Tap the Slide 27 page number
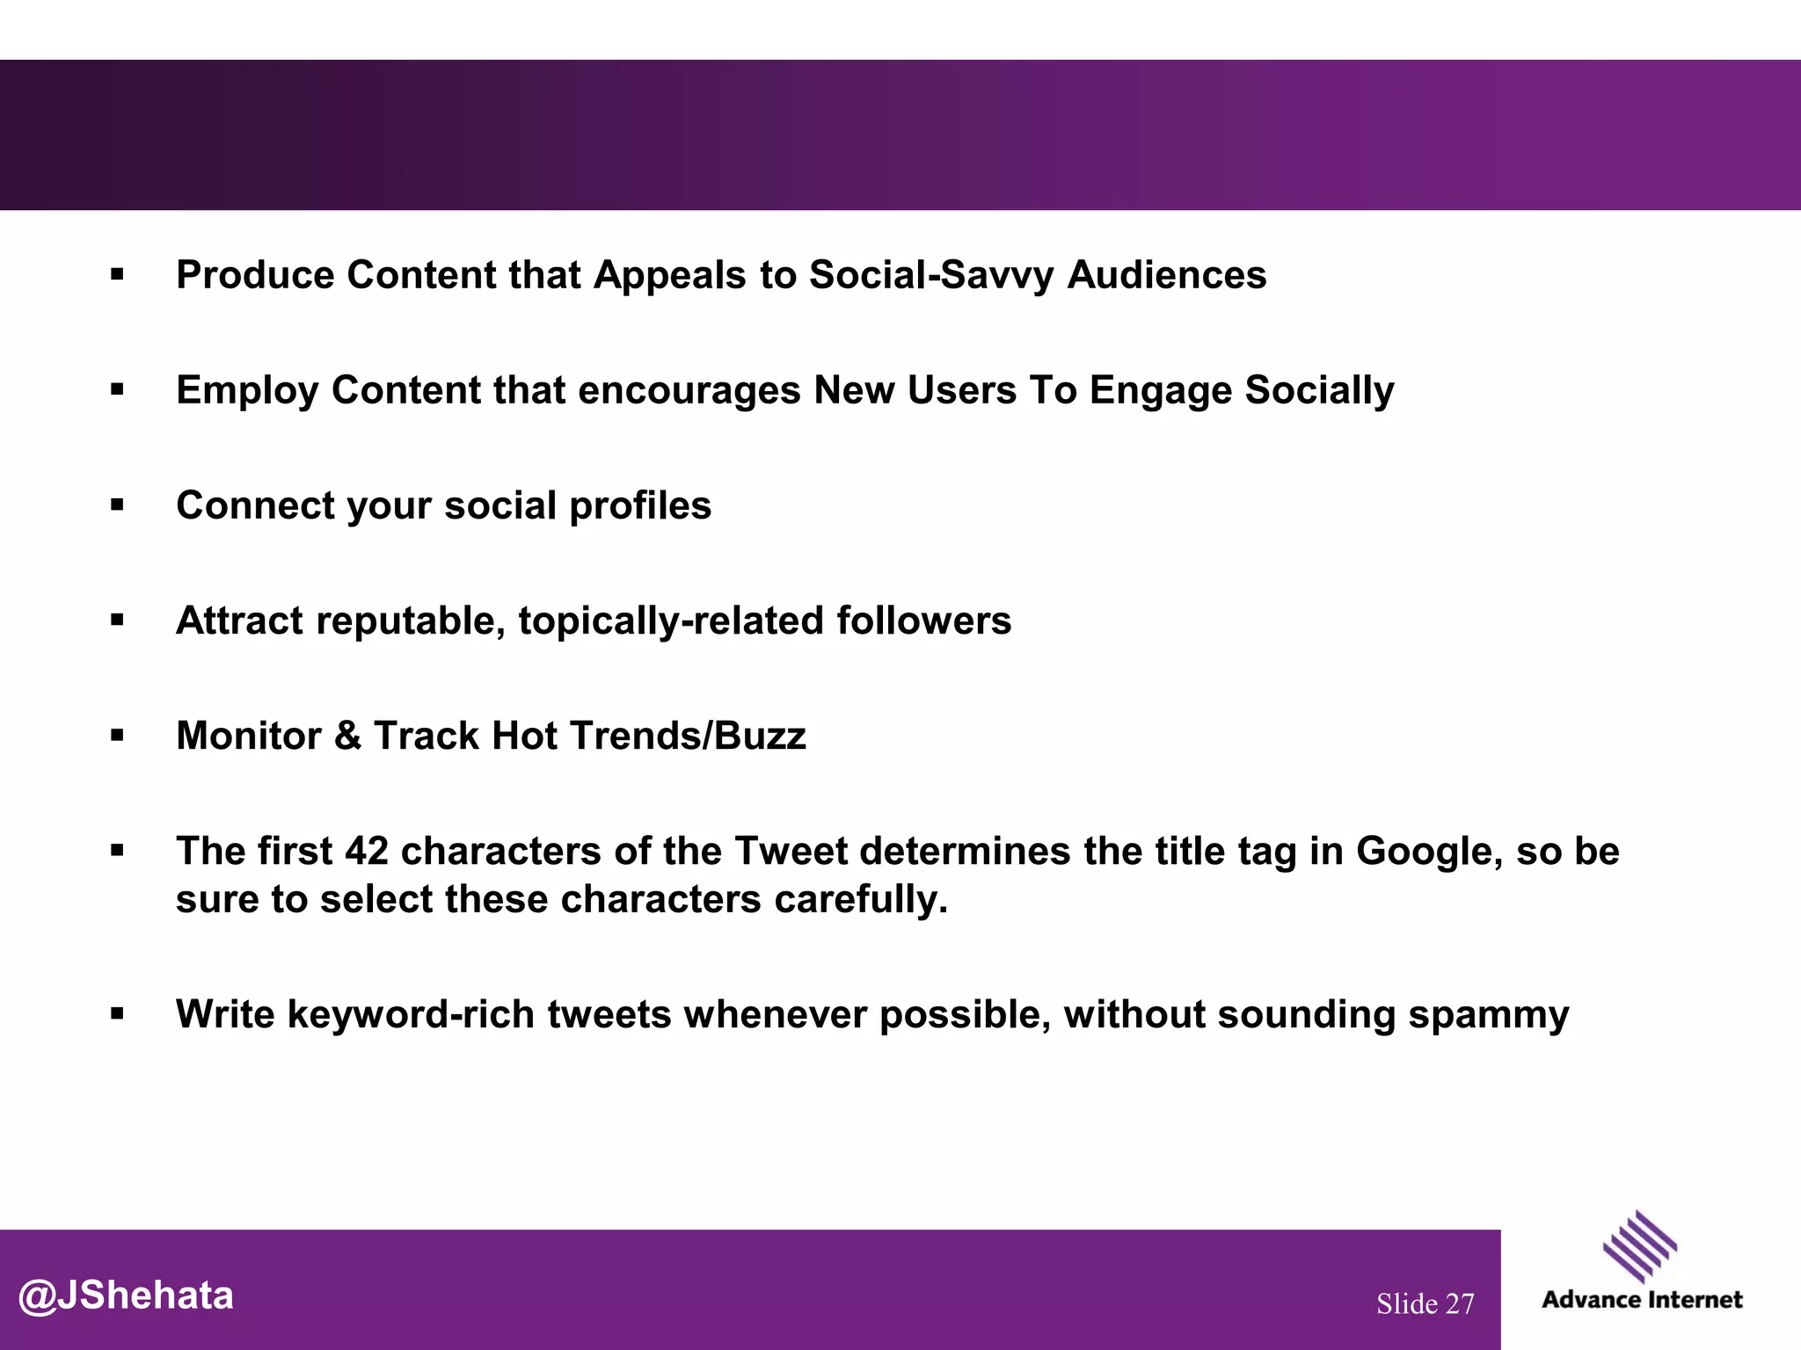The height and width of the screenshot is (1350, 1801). [1425, 1303]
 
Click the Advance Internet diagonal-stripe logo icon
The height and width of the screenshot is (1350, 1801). [1640, 1246]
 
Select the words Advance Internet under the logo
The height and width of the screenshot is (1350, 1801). [1642, 1300]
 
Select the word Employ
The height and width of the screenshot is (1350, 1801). [247, 391]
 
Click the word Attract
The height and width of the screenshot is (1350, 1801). [239, 621]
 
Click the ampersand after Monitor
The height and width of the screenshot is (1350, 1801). [348, 737]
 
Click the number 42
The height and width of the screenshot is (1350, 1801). [366, 851]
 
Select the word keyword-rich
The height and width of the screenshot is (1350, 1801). [411, 1014]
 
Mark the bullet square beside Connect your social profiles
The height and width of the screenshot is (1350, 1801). [117, 505]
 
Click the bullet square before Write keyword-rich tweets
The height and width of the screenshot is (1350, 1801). [117, 1014]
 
